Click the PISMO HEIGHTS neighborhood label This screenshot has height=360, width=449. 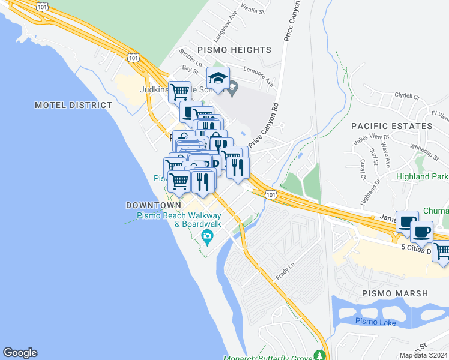click(x=234, y=50)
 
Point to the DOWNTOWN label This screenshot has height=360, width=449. click(x=154, y=205)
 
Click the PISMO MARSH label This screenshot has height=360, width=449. click(x=395, y=293)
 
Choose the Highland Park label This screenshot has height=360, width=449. click(x=422, y=177)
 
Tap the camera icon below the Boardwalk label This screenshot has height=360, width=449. click(x=208, y=236)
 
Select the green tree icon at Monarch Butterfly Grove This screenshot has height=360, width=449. click(x=320, y=355)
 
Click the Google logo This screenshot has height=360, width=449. click(x=20, y=353)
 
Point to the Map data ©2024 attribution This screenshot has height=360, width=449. click(x=423, y=355)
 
